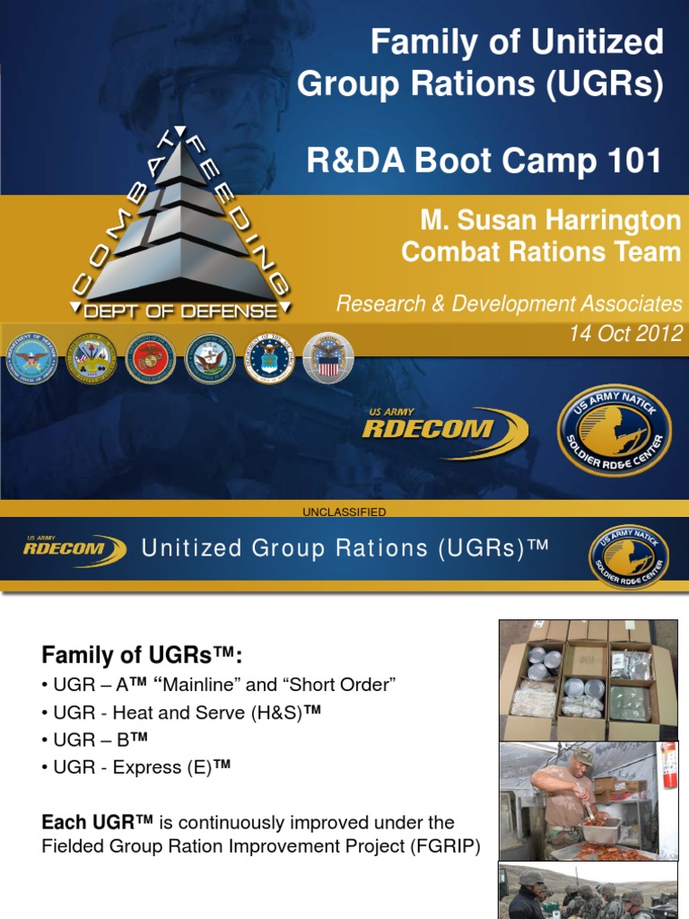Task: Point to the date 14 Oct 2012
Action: tap(625, 334)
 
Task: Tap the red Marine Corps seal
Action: tap(151, 358)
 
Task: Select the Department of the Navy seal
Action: tap(210, 358)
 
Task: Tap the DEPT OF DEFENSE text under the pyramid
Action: tap(180, 311)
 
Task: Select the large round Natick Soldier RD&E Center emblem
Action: tap(614, 430)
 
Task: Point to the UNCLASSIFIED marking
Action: tap(344, 512)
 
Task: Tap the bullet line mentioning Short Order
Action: tap(219, 685)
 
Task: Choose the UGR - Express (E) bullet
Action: tap(135, 766)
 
